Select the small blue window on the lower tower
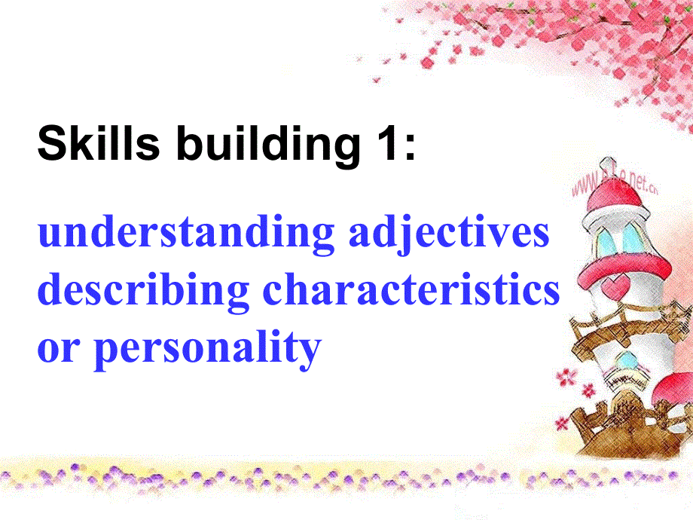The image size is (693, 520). pos(624,366)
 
